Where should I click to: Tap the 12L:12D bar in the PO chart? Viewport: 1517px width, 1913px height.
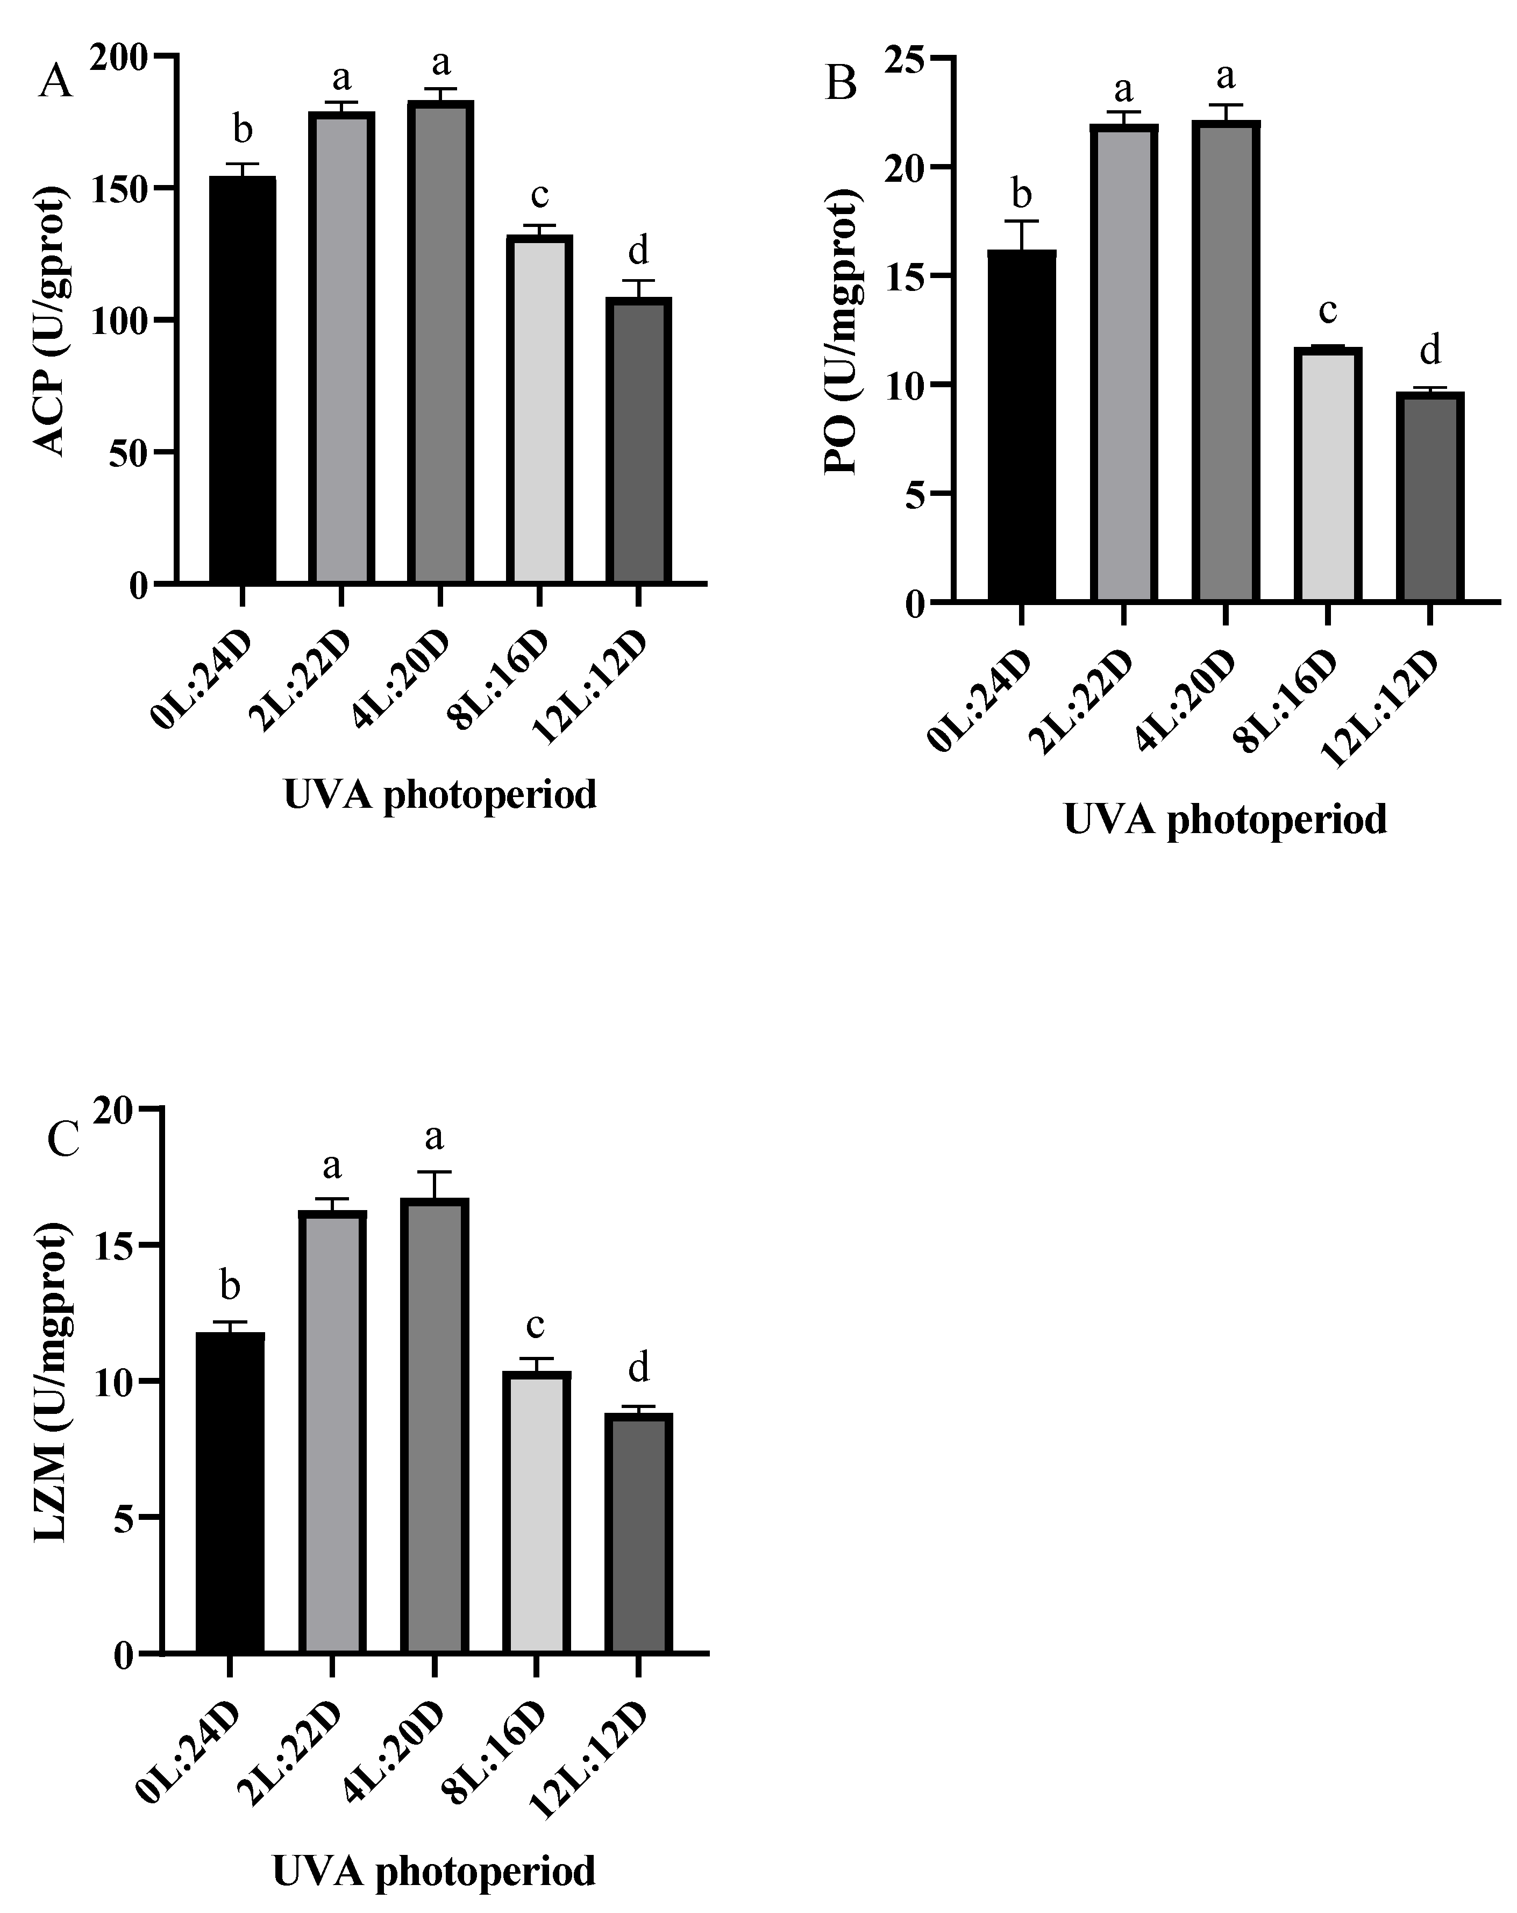(x=1429, y=497)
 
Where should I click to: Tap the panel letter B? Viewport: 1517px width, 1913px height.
(x=841, y=85)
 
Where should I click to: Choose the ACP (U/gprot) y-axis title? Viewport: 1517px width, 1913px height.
(x=52, y=321)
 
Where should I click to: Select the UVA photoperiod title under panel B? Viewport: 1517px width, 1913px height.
(x=1224, y=819)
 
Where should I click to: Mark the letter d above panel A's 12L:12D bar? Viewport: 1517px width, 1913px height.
(x=638, y=250)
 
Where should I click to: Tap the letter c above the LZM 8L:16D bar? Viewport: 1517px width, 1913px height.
(x=536, y=1324)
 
